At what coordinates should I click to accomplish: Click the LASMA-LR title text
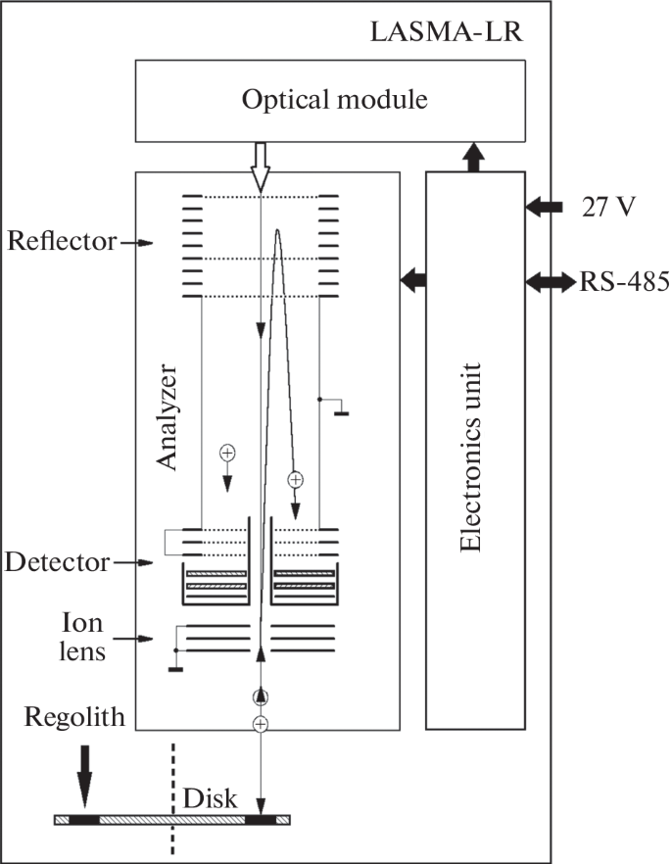447,31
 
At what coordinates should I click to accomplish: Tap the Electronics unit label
471,451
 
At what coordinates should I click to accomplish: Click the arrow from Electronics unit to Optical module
473,157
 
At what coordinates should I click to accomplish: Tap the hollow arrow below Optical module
260,166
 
